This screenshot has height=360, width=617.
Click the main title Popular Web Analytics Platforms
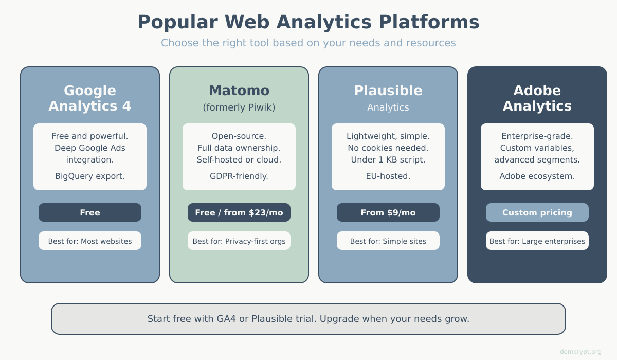[308, 22]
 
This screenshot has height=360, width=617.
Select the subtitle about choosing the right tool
[308, 43]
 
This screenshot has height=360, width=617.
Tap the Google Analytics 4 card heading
[90, 98]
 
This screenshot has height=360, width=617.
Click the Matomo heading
[239, 91]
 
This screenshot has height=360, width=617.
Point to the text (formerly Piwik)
[239, 107]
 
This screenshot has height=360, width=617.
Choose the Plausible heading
[388, 91]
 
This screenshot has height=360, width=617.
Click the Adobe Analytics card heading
[537, 98]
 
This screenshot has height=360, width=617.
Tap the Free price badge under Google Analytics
[90, 212]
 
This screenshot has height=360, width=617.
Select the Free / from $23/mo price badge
[239, 212]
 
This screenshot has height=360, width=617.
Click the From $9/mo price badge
[388, 212]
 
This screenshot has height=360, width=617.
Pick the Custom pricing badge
[537, 212]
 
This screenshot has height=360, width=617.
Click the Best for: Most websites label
[90, 241]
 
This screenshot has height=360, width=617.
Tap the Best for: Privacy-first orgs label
[239, 241]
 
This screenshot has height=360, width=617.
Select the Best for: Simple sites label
[388, 241]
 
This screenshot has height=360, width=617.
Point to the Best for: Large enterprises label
[537, 241]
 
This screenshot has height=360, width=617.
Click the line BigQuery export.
[90, 176]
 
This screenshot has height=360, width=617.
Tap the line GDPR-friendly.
[239, 176]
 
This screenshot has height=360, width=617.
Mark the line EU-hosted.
[388, 176]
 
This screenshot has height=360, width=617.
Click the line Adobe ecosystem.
[537, 176]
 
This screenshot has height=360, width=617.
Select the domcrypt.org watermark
[580, 352]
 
